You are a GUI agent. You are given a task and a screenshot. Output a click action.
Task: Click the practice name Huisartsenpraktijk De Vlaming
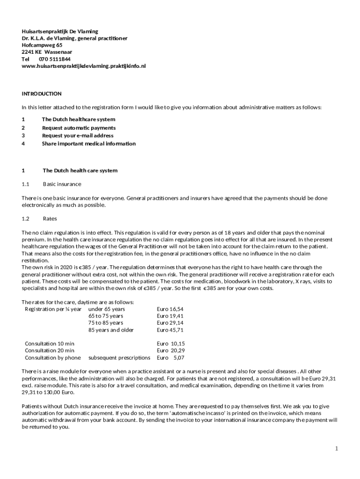point(60,31)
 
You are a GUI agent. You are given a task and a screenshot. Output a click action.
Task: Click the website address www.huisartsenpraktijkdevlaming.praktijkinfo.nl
point(84,66)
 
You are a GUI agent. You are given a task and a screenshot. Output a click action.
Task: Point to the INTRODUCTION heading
point(42,94)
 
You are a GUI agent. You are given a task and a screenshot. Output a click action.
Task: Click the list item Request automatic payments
point(79,128)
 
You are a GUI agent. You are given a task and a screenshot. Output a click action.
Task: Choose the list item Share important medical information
point(89,144)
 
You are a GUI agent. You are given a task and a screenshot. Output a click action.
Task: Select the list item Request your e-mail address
point(78,136)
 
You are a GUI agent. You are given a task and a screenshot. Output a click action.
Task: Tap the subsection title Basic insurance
point(62,184)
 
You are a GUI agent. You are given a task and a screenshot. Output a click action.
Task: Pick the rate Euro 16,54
point(170,309)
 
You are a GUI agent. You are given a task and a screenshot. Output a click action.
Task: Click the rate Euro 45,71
point(170,330)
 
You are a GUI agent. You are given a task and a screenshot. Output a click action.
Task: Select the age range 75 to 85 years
point(106,323)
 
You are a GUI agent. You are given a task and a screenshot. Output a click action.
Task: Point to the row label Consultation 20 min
point(50,350)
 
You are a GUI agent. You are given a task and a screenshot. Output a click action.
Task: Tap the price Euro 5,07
point(171,358)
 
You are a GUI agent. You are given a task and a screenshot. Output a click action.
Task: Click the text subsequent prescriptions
point(119,358)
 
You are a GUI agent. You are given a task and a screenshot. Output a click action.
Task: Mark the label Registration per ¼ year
point(53,309)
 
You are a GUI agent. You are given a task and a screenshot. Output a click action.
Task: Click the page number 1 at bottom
point(336,449)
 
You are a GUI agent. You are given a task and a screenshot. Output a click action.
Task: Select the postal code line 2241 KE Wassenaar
point(47,52)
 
